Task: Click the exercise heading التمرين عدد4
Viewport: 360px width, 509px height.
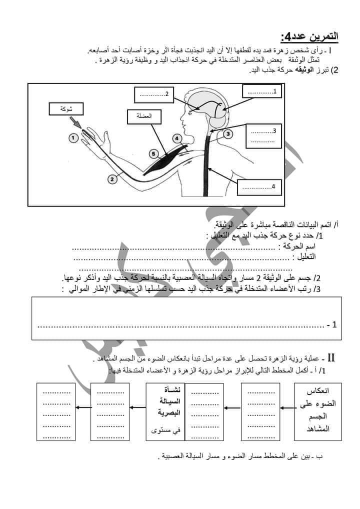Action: (309, 36)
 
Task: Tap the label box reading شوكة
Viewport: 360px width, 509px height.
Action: (64, 108)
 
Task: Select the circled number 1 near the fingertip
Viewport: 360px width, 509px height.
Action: (73, 137)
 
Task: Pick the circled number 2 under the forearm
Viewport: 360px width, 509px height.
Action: (113, 177)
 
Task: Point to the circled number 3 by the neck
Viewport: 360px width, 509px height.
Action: (227, 133)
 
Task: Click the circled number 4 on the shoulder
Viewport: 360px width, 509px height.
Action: (177, 138)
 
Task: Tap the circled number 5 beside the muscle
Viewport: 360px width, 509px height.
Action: (153, 154)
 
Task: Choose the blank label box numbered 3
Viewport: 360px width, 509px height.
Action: (264, 136)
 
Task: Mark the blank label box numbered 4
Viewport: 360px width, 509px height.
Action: (259, 187)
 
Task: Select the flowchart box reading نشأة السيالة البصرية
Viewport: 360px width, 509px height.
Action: (165, 411)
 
